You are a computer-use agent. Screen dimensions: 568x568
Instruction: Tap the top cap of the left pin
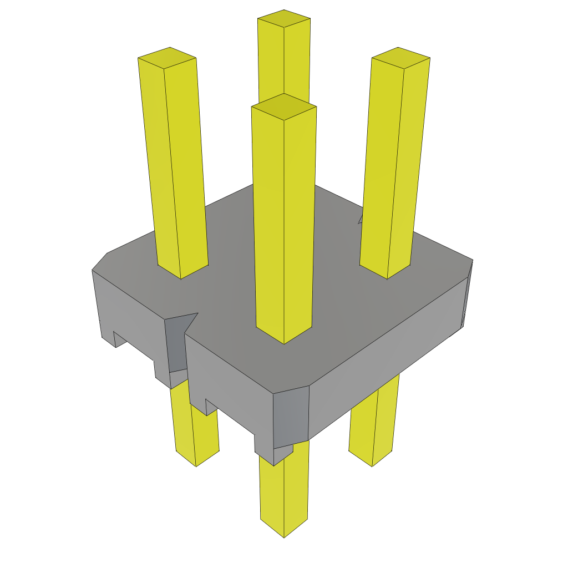pos(167,57)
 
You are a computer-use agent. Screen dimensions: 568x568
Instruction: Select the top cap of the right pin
pos(400,57)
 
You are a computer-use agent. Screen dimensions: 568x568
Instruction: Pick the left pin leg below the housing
pos(194,433)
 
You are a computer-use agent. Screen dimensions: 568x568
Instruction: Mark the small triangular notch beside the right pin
pos(361,220)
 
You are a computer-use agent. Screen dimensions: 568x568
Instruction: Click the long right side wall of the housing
pos(388,355)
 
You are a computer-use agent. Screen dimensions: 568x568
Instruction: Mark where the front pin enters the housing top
pos(284,336)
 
